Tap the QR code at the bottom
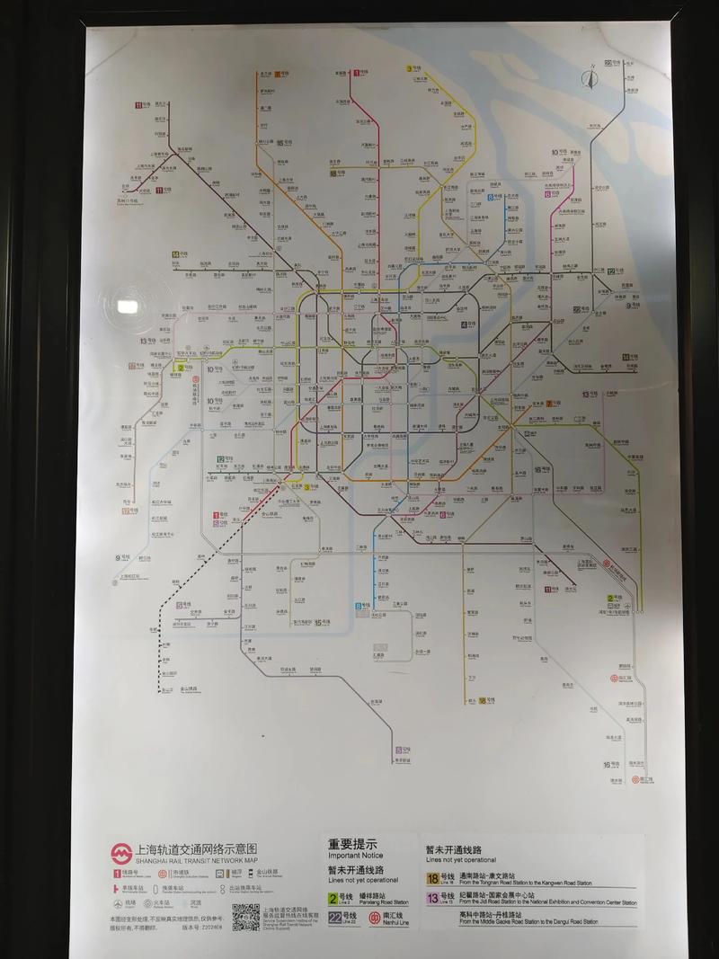(245, 917)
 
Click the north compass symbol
(590, 79)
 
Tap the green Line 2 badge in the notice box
(333, 896)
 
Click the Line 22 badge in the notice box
(334, 917)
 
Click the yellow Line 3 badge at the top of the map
(409, 68)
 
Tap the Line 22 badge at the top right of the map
(608, 63)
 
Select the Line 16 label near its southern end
(608, 764)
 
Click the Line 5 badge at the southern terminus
(397, 750)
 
